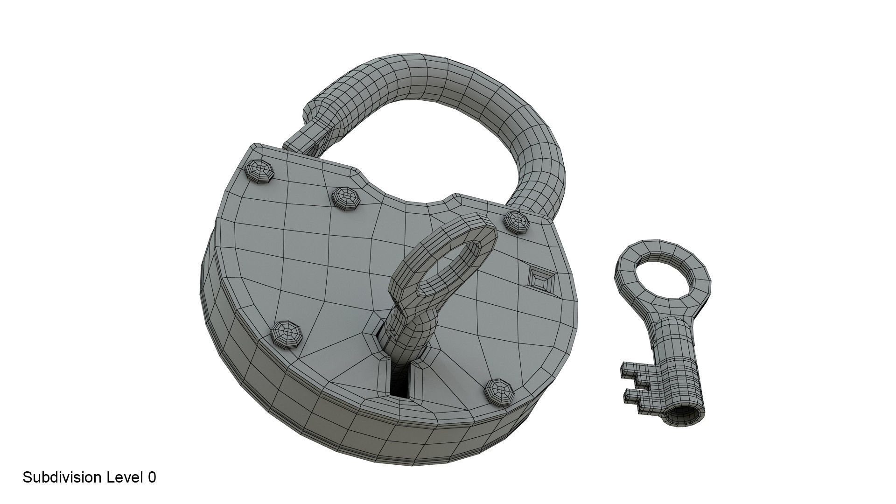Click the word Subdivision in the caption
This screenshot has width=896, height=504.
pyautogui.click(x=62, y=477)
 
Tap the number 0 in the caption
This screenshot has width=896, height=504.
pyautogui.click(x=152, y=477)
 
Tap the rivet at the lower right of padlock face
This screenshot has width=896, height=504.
pyautogui.click(x=499, y=391)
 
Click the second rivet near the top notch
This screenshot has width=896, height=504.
pyautogui.click(x=346, y=198)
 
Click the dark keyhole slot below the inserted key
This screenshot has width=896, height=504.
pyautogui.click(x=400, y=382)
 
